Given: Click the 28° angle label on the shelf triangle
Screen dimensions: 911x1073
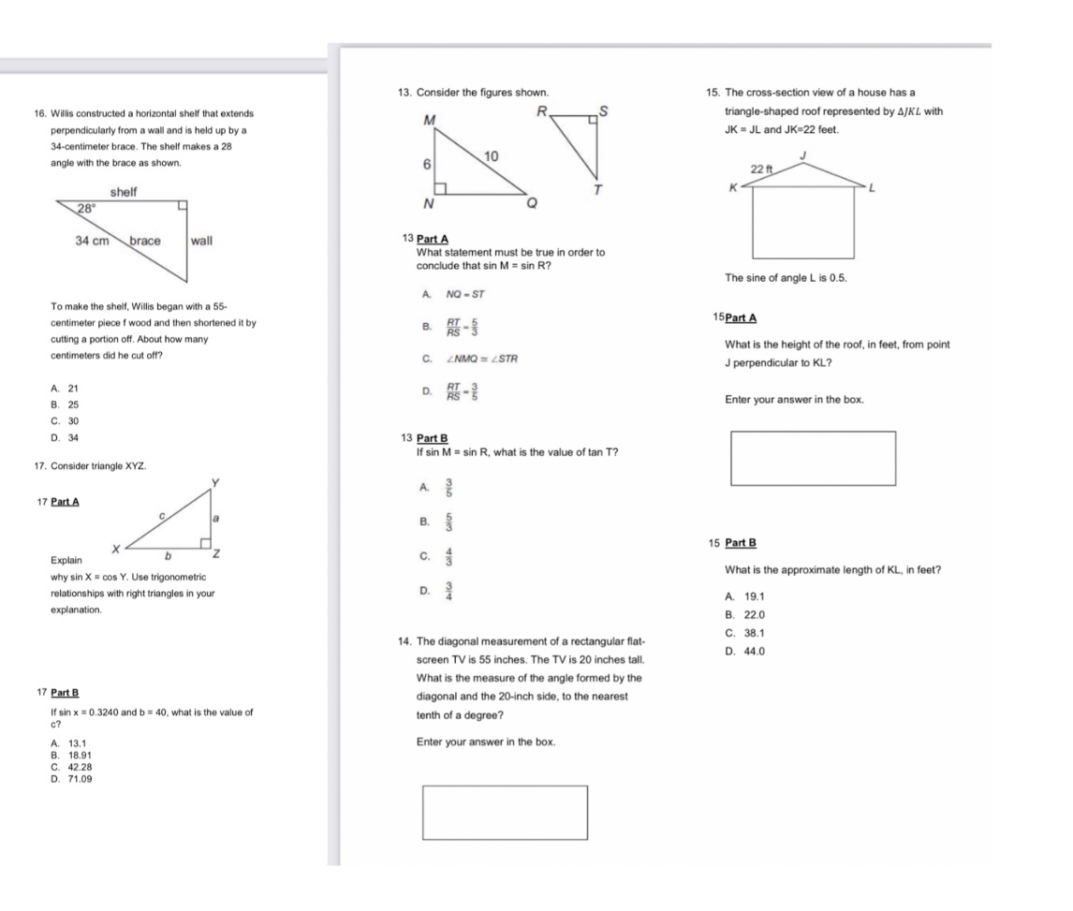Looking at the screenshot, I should click(86, 212).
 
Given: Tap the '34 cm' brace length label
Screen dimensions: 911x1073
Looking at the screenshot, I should click(91, 241).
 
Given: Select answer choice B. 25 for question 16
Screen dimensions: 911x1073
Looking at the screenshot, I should click(66, 404).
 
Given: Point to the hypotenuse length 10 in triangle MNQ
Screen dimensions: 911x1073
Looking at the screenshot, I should click(492, 154).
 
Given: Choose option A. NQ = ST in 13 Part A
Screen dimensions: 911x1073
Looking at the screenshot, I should click(453, 294).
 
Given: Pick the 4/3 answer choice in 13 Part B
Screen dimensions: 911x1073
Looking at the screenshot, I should click(448, 559).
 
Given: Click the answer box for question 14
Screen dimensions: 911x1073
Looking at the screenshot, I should click(505, 812).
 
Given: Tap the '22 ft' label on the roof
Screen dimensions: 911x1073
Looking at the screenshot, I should click(763, 169).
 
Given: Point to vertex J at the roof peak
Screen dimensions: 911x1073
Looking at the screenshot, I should click(802, 154).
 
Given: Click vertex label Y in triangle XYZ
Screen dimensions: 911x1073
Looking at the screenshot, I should click(215, 482).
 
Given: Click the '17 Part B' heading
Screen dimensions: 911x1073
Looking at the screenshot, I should click(57, 693).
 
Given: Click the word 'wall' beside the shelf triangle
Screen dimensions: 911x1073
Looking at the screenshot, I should click(201, 241).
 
